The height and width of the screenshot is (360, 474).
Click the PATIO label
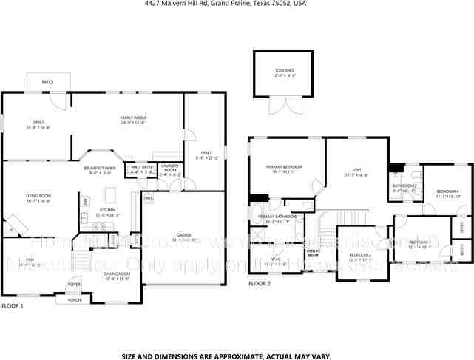point(47,81)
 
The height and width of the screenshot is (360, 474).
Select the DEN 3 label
point(38,122)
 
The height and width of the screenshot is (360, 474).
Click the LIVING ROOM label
point(37,197)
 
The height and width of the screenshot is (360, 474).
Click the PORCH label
point(74,299)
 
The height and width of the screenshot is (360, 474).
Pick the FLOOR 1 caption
point(12,305)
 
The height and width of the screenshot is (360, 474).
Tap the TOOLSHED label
point(284,70)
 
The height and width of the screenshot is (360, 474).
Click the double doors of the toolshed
point(284,106)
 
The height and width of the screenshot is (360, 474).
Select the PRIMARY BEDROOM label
point(285,167)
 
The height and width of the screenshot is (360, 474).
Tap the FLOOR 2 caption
point(260,283)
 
